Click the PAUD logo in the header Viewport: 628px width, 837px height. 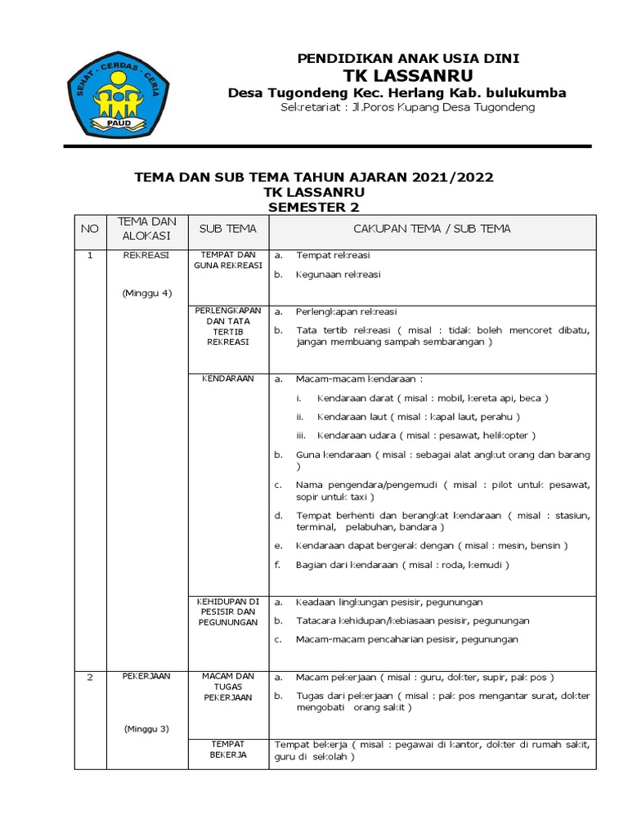pyautogui.click(x=121, y=95)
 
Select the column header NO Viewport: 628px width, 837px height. pyautogui.click(x=89, y=229)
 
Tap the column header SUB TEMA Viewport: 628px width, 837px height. pyautogui.click(x=228, y=229)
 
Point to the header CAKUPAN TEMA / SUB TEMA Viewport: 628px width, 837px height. pyautogui.click(x=432, y=229)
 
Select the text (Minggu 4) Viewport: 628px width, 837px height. pyautogui.click(x=147, y=293)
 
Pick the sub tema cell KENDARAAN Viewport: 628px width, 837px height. pyautogui.click(x=228, y=379)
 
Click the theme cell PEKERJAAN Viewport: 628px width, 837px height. pyautogui.click(x=147, y=677)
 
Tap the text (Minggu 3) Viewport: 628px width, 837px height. pyautogui.click(x=147, y=728)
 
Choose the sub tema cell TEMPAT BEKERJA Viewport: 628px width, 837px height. pyautogui.click(x=228, y=750)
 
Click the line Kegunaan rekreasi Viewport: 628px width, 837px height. pyautogui.click(x=339, y=275)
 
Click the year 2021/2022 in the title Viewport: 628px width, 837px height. pyautogui.click(x=454, y=177)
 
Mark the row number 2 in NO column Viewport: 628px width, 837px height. pyautogui.click(x=90, y=677)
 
